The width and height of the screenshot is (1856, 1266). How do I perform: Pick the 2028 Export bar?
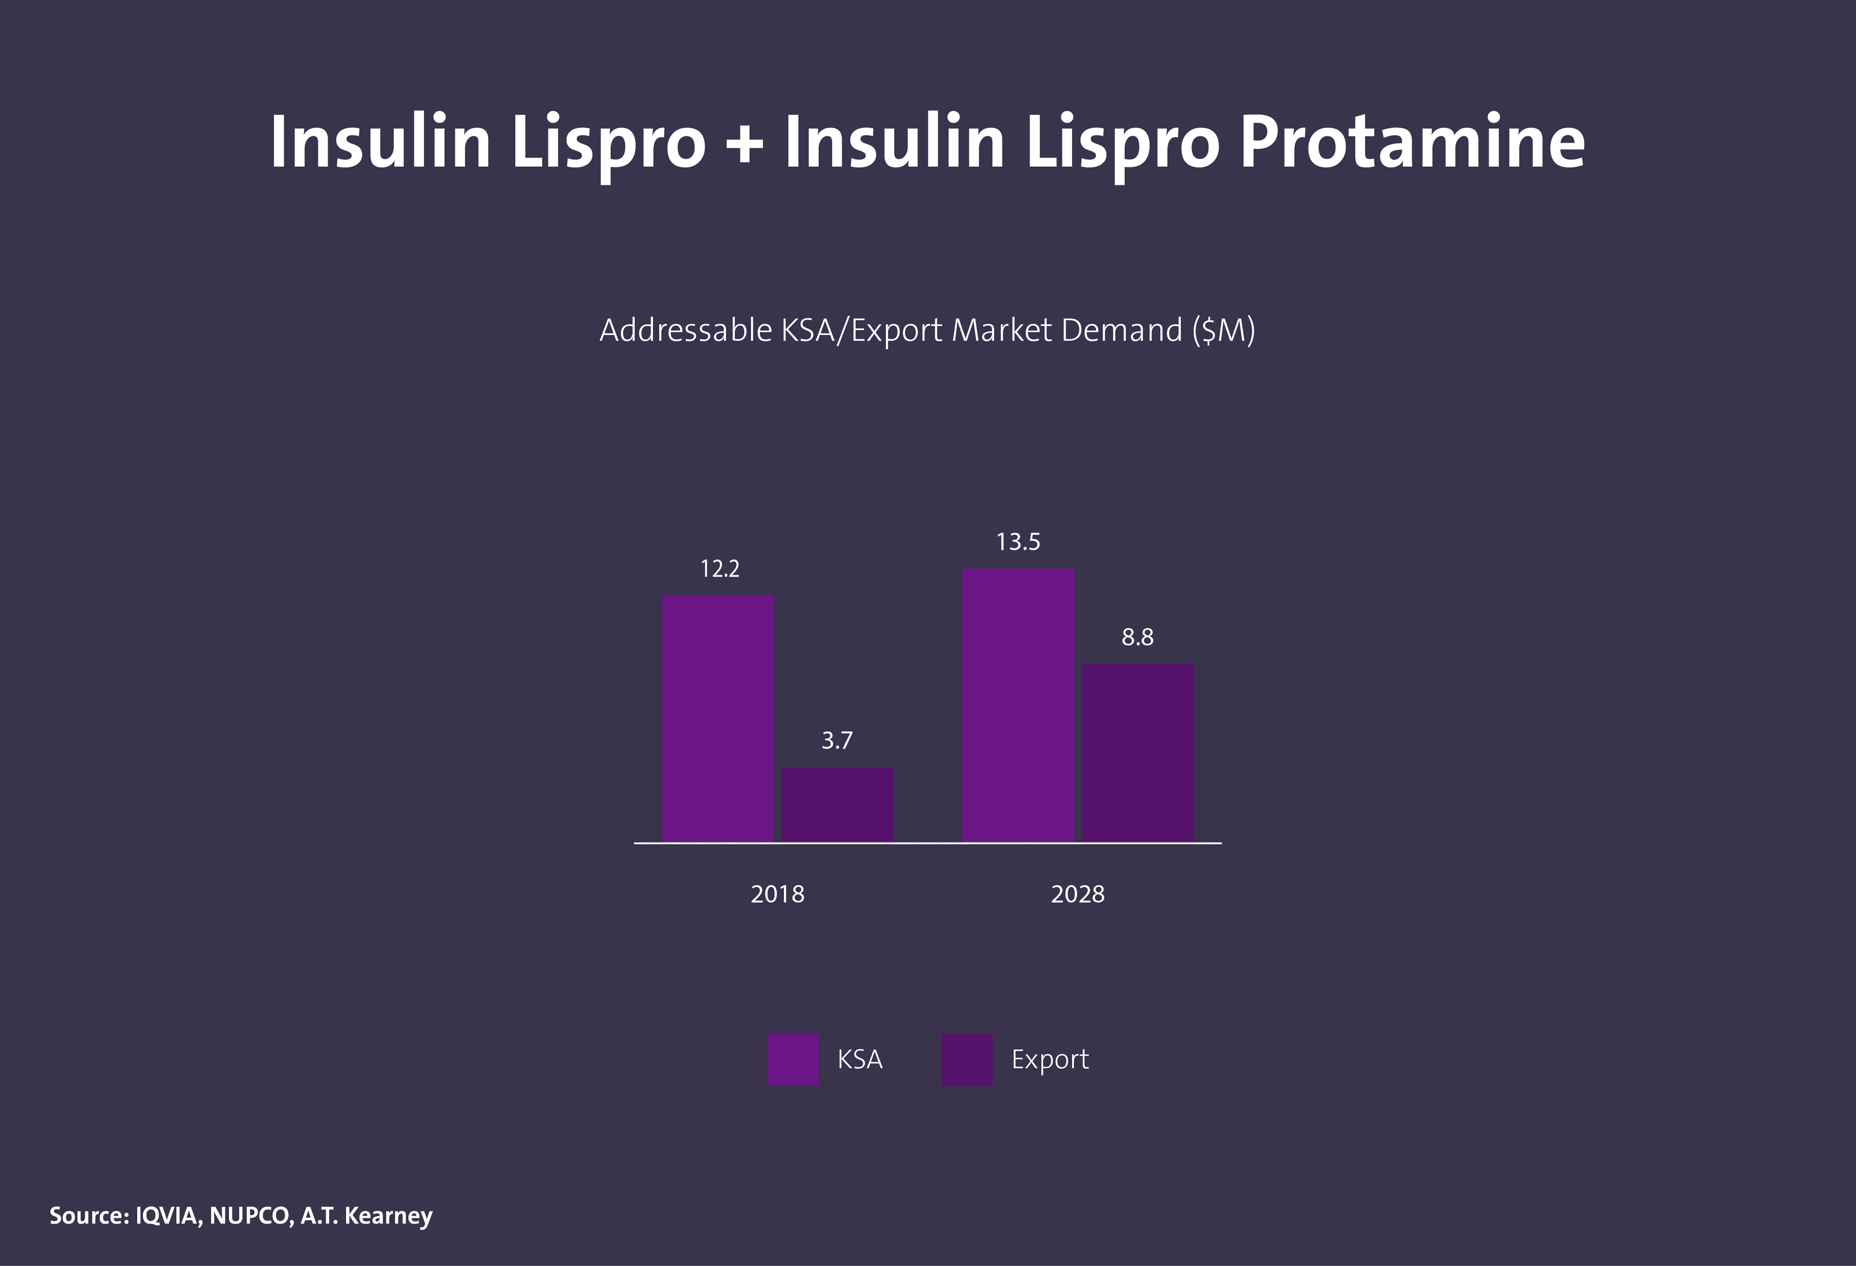click(x=1137, y=753)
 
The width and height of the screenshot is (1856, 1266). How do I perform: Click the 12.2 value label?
click(x=720, y=568)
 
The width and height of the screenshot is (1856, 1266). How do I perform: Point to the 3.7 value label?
click(x=837, y=741)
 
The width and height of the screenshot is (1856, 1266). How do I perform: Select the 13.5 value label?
click(x=1018, y=542)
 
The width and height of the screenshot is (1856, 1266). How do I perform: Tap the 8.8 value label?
click(x=1137, y=638)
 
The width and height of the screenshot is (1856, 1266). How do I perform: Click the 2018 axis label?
click(x=777, y=894)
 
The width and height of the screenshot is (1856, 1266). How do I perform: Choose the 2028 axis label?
click(x=1077, y=894)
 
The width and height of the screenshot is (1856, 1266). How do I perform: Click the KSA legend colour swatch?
click(x=792, y=1059)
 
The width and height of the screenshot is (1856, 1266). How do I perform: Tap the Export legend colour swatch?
click(x=966, y=1059)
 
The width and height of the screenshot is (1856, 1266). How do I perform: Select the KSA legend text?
click(x=859, y=1059)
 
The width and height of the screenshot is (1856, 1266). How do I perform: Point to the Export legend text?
click(x=1049, y=1059)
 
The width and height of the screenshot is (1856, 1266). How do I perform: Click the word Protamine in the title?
click(x=1412, y=143)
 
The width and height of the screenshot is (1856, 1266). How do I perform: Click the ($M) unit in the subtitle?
click(x=1223, y=330)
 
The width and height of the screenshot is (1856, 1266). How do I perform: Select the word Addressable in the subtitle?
click(x=686, y=330)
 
